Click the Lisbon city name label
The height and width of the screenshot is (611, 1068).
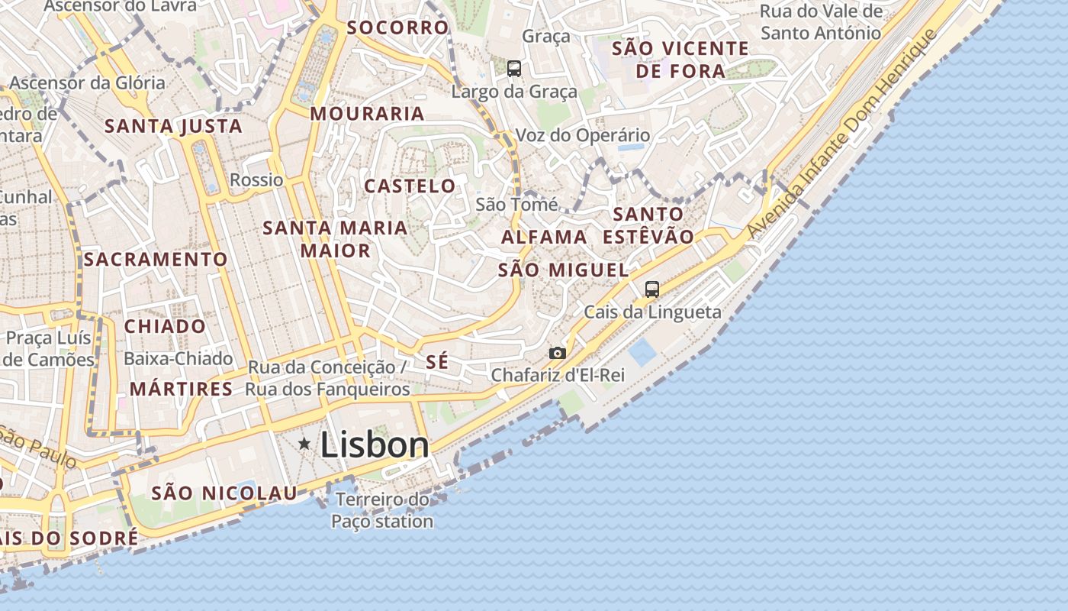click(x=375, y=445)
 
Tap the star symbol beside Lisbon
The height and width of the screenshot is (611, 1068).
click(x=304, y=443)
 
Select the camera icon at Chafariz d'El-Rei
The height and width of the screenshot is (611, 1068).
click(x=558, y=353)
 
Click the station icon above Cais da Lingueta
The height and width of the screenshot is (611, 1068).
click(x=651, y=289)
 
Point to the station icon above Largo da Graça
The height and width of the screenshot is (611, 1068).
click(x=514, y=69)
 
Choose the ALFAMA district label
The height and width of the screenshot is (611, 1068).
click(x=544, y=237)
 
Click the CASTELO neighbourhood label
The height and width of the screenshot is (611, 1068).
click(x=410, y=186)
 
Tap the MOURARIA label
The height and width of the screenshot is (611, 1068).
click(x=367, y=114)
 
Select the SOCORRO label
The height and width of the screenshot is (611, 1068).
click(x=397, y=27)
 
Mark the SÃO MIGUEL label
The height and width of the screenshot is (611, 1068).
click(x=564, y=270)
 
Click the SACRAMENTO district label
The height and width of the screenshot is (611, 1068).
click(x=156, y=260)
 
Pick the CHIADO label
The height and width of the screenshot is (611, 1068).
click(x=165, y=326)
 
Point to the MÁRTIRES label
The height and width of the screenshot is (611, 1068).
click(x=181, y=389)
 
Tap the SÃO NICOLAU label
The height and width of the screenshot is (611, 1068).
click(x=224, y=493)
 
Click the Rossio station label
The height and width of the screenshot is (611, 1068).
click(x=256, y=180)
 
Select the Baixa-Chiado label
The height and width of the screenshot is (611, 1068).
click(x=178, y=358)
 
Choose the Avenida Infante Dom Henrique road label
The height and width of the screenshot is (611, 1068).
click(x=841, y=134)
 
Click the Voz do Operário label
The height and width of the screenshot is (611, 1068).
click(x=583, y=135)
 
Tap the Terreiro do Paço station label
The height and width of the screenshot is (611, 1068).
click(x=382, y=511)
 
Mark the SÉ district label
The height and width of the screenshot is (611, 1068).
click(x=437, y=362)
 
